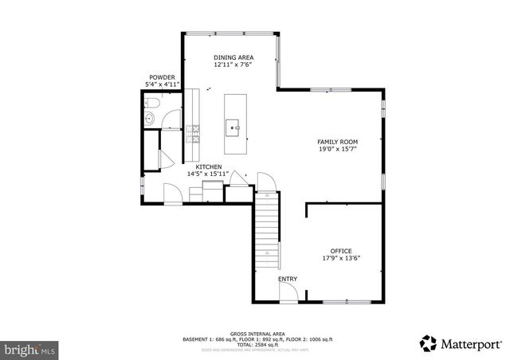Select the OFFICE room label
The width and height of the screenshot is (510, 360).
click(x=341, y=251)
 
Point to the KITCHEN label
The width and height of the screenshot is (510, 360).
click(x=198, y=166)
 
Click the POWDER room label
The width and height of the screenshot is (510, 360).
click(x=162, y=77)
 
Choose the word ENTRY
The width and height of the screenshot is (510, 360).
click(x=288, y=279)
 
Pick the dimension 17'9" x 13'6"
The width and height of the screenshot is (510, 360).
click(x=341, y=258)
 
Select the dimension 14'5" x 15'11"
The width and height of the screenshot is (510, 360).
click(x=208, y=174)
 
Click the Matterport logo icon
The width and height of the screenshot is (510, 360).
click(x=429, y=343)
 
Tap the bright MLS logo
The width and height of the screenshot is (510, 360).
click(x=30, y=349)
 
